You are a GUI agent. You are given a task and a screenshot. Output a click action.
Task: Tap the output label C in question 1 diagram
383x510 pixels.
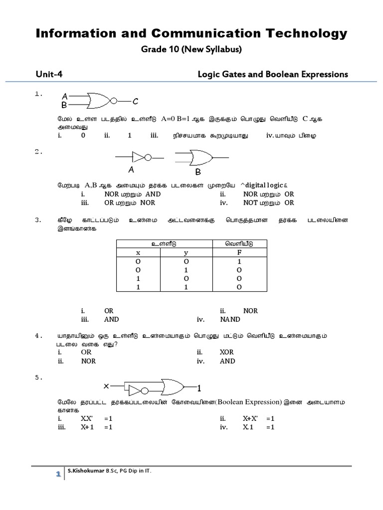tap(135, 102)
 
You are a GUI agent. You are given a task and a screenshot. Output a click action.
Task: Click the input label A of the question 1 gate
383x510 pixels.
tap(64, 97)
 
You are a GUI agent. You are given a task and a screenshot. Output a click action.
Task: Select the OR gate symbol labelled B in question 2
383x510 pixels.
tap(197, 158)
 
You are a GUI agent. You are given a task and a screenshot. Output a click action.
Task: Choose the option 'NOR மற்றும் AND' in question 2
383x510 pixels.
tap(132, 194)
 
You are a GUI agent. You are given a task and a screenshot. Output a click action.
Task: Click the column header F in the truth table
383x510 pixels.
tap(239, 253)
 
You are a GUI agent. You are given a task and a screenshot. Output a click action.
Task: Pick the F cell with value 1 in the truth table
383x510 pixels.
tap(239, 261)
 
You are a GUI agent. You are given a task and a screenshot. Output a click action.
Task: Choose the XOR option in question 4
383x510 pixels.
tap(227, 352)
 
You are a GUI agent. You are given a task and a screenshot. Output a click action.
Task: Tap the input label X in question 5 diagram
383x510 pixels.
tap(106, 386)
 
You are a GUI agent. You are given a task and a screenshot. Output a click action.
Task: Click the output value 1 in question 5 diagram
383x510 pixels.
tap(198, 388)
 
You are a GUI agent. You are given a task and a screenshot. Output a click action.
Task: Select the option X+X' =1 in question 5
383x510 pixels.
tap(259, 419)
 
